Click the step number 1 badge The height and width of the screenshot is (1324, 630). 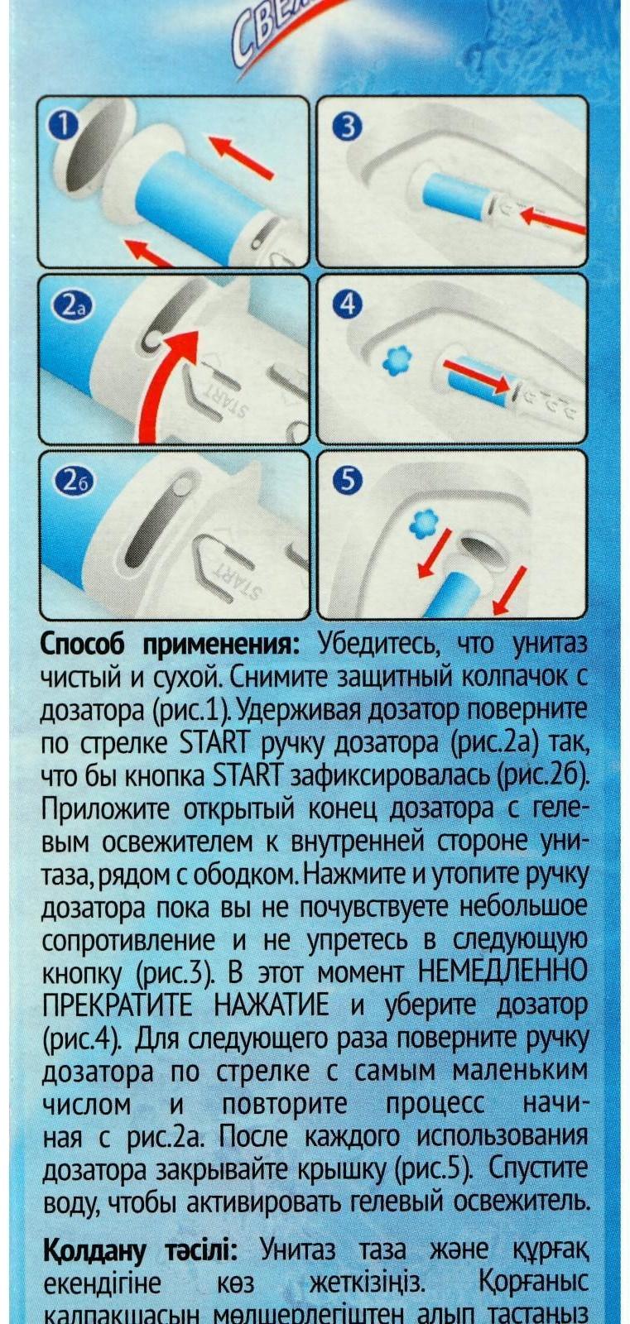tap(62, 126)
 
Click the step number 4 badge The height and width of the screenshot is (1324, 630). tap(348, 305)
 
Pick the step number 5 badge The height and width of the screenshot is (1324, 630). tap(349, 481)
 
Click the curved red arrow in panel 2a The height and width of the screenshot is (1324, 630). tap(166, 377)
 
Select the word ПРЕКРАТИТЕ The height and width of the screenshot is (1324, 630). tap(117, 1005)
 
